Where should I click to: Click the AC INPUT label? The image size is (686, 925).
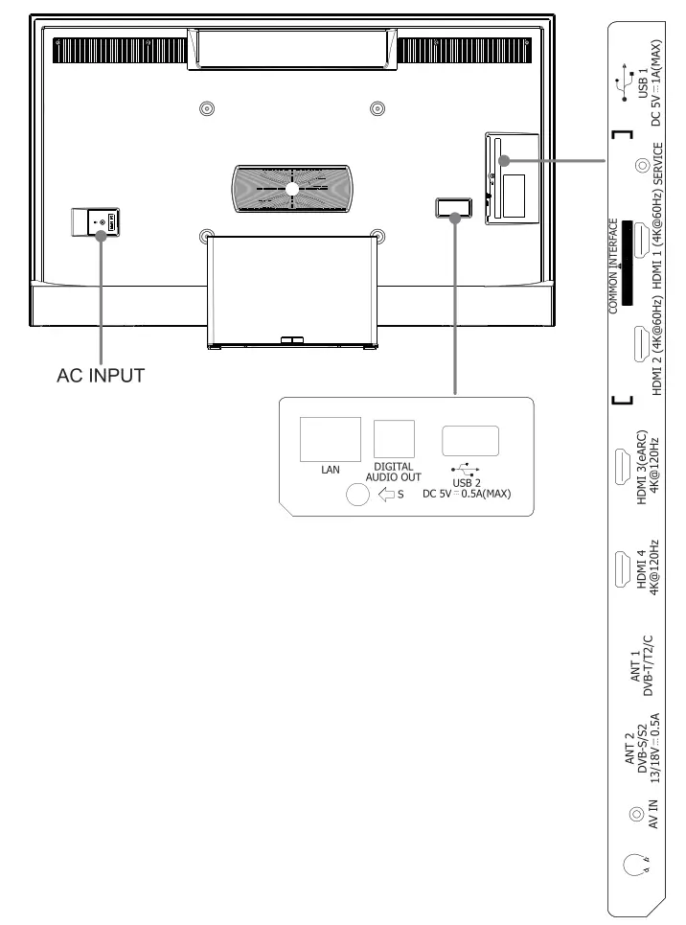[100, 376]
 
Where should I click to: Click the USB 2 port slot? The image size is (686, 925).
[469, 439]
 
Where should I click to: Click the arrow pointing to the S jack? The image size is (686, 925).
[388, 496]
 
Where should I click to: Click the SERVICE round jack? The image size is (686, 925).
[641, 165]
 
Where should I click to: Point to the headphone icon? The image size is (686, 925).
[633, 866]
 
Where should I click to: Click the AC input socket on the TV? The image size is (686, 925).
[98, 221]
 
